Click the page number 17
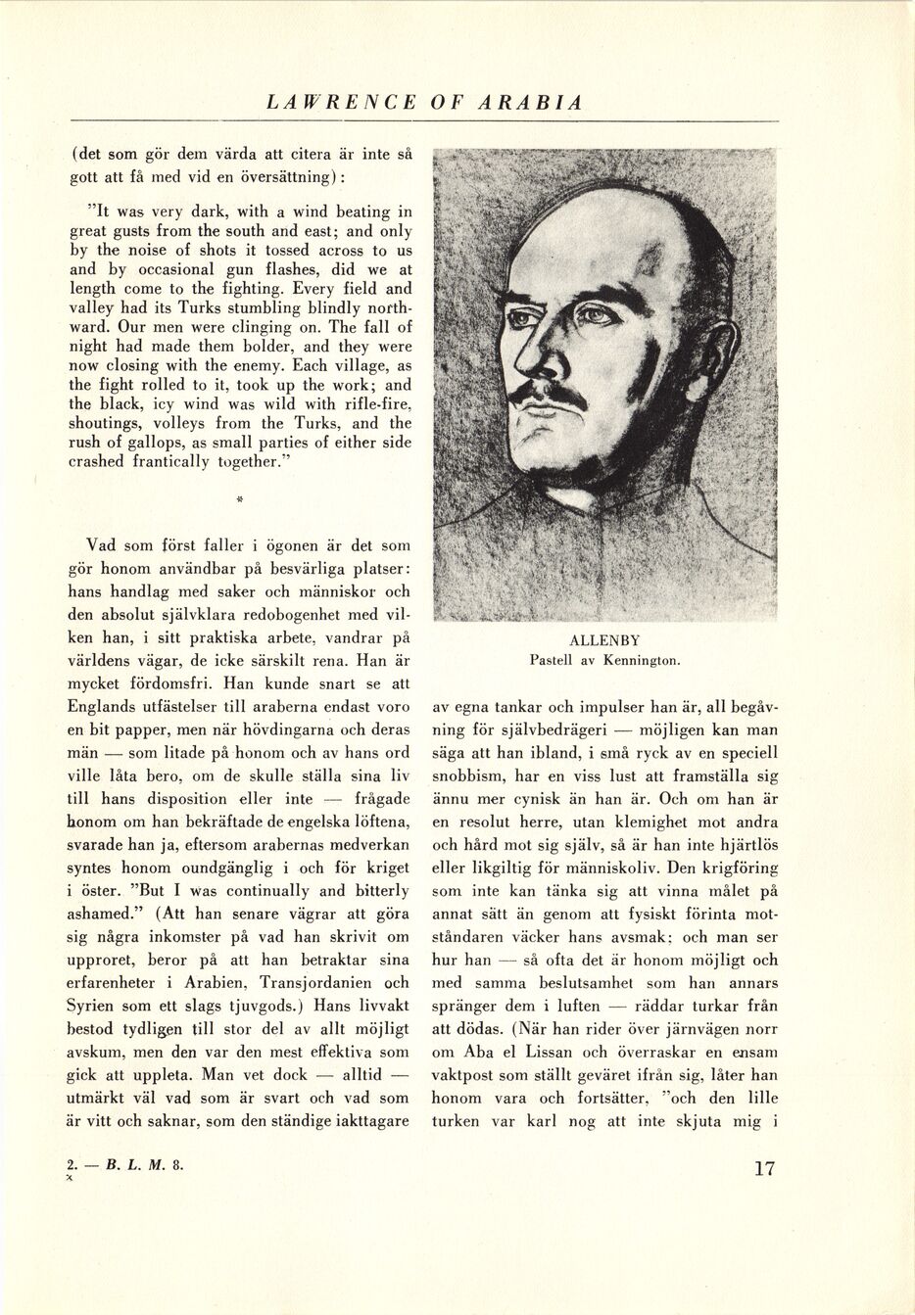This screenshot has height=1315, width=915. pos(764,1168)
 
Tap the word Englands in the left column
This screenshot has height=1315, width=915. pos(105,707)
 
